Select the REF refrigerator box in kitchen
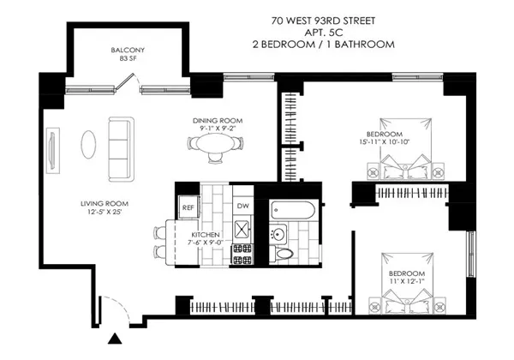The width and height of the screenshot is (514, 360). click(x=188, y=207)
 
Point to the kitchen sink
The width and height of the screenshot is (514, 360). click(x=243, y=230)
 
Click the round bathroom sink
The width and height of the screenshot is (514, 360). click(x=278, y=233)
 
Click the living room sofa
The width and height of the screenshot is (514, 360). click(x=119, y=137)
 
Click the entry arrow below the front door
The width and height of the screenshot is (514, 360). click(x=114, y=340)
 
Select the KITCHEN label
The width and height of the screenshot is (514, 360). click(x=206, y=234)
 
